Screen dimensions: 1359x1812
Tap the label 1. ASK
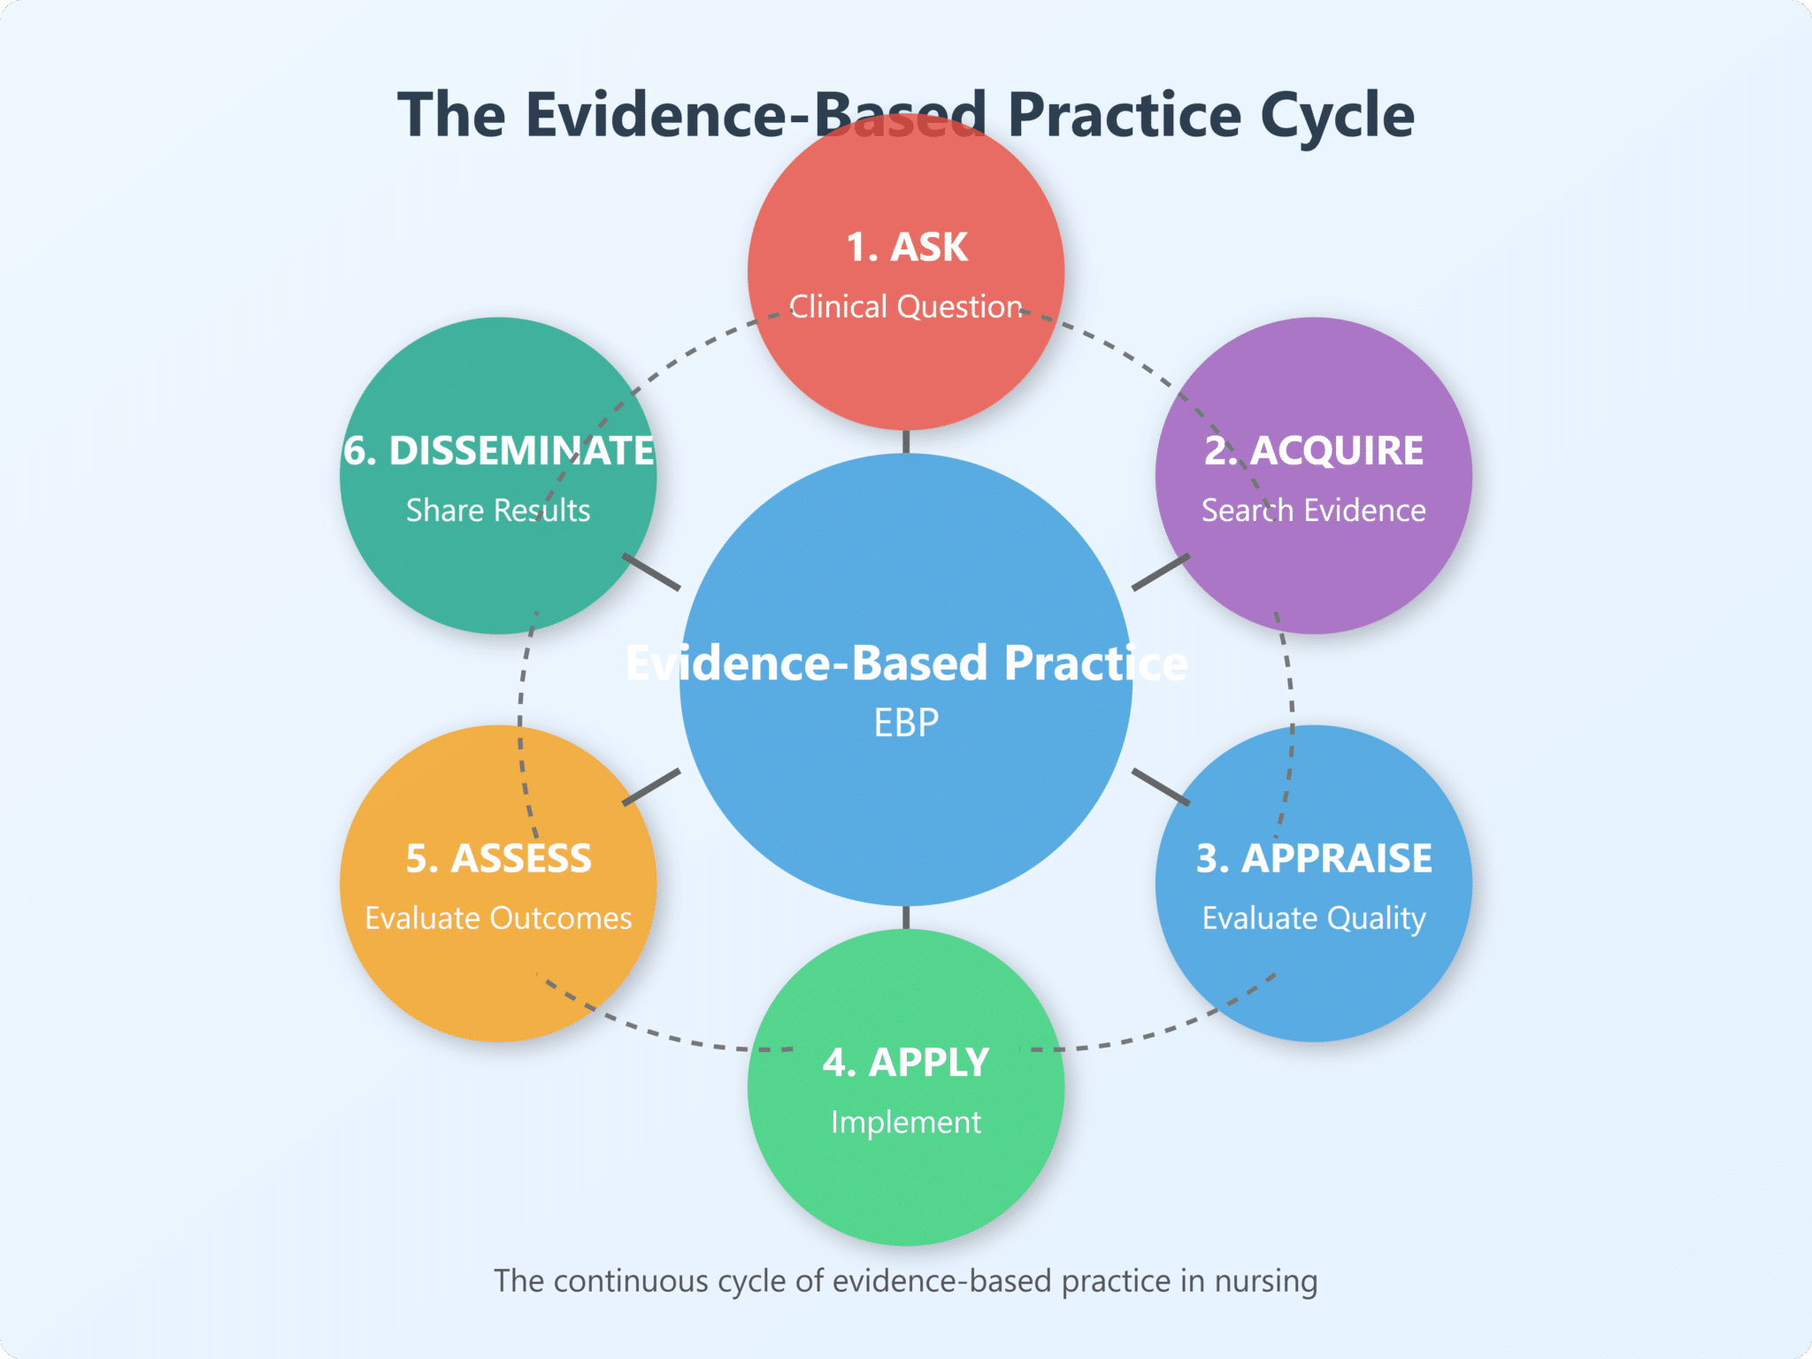click(x=906, y=247)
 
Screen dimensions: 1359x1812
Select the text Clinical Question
click(x=906, y=307)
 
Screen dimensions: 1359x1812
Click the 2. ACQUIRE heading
click(x=1313, y=450)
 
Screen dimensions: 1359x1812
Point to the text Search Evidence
click(x=1313, y=511)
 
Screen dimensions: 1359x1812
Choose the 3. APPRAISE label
click(x=1313, y=858)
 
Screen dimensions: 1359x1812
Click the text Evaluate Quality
click(x=1313, y=918)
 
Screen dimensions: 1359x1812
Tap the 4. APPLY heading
click(x=906, y=1062)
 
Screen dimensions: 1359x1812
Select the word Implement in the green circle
click(x=906, y=1122)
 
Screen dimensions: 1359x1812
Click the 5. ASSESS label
click(x=498, y=858)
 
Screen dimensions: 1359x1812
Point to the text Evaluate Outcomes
click(x=498, y=918)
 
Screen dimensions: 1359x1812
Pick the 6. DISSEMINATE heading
click(x=498, y=450)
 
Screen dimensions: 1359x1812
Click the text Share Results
click(x=498, y=511)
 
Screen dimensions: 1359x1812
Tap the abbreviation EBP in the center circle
click(x=906, y=723)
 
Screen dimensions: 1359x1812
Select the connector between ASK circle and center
click(x=906, y=441)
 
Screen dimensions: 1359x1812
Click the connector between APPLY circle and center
click(x=906, y=918)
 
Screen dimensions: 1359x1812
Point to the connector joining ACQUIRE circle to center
click(x=1161, y=572)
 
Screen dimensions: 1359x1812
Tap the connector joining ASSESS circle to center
click(x=651, y=787)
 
